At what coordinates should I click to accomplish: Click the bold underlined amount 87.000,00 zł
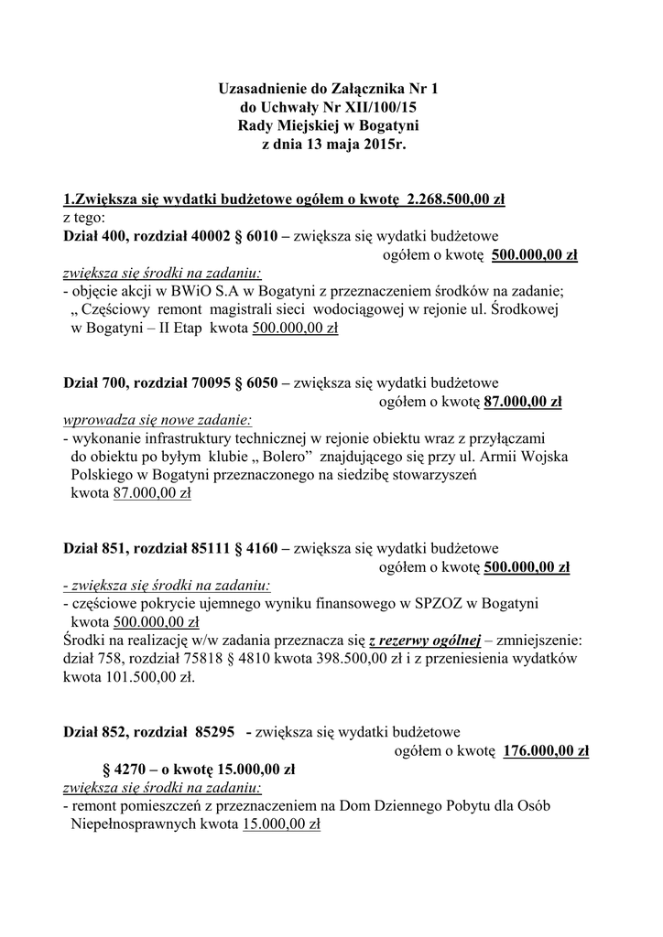(523, 401)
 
